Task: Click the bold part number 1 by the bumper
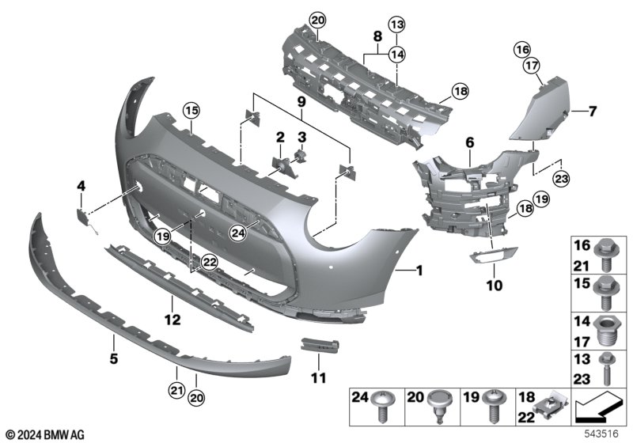pyautogui.click(x=419, y=271)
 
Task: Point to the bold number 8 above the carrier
pyautogui.click(x=377, y=36)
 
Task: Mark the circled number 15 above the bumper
pyautogui.click(x=190, y=110)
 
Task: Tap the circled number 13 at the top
pyautogui.click(x=396, y=24)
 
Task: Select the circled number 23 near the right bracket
pyautogui.click(x=561, y=177)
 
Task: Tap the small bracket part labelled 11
pyautogui.click(x=321, y=347)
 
